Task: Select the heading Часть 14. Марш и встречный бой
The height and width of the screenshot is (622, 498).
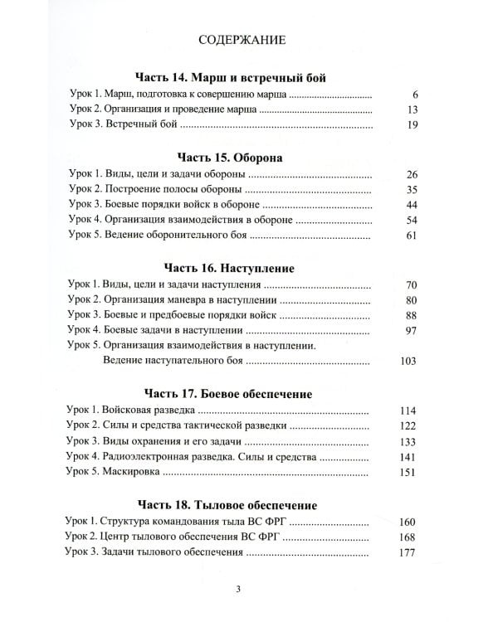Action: click(x=232, y=78)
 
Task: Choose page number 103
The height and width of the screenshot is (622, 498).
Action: click(x=404, y=362)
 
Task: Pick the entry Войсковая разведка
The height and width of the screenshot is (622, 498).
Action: click(x=148, y=410)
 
